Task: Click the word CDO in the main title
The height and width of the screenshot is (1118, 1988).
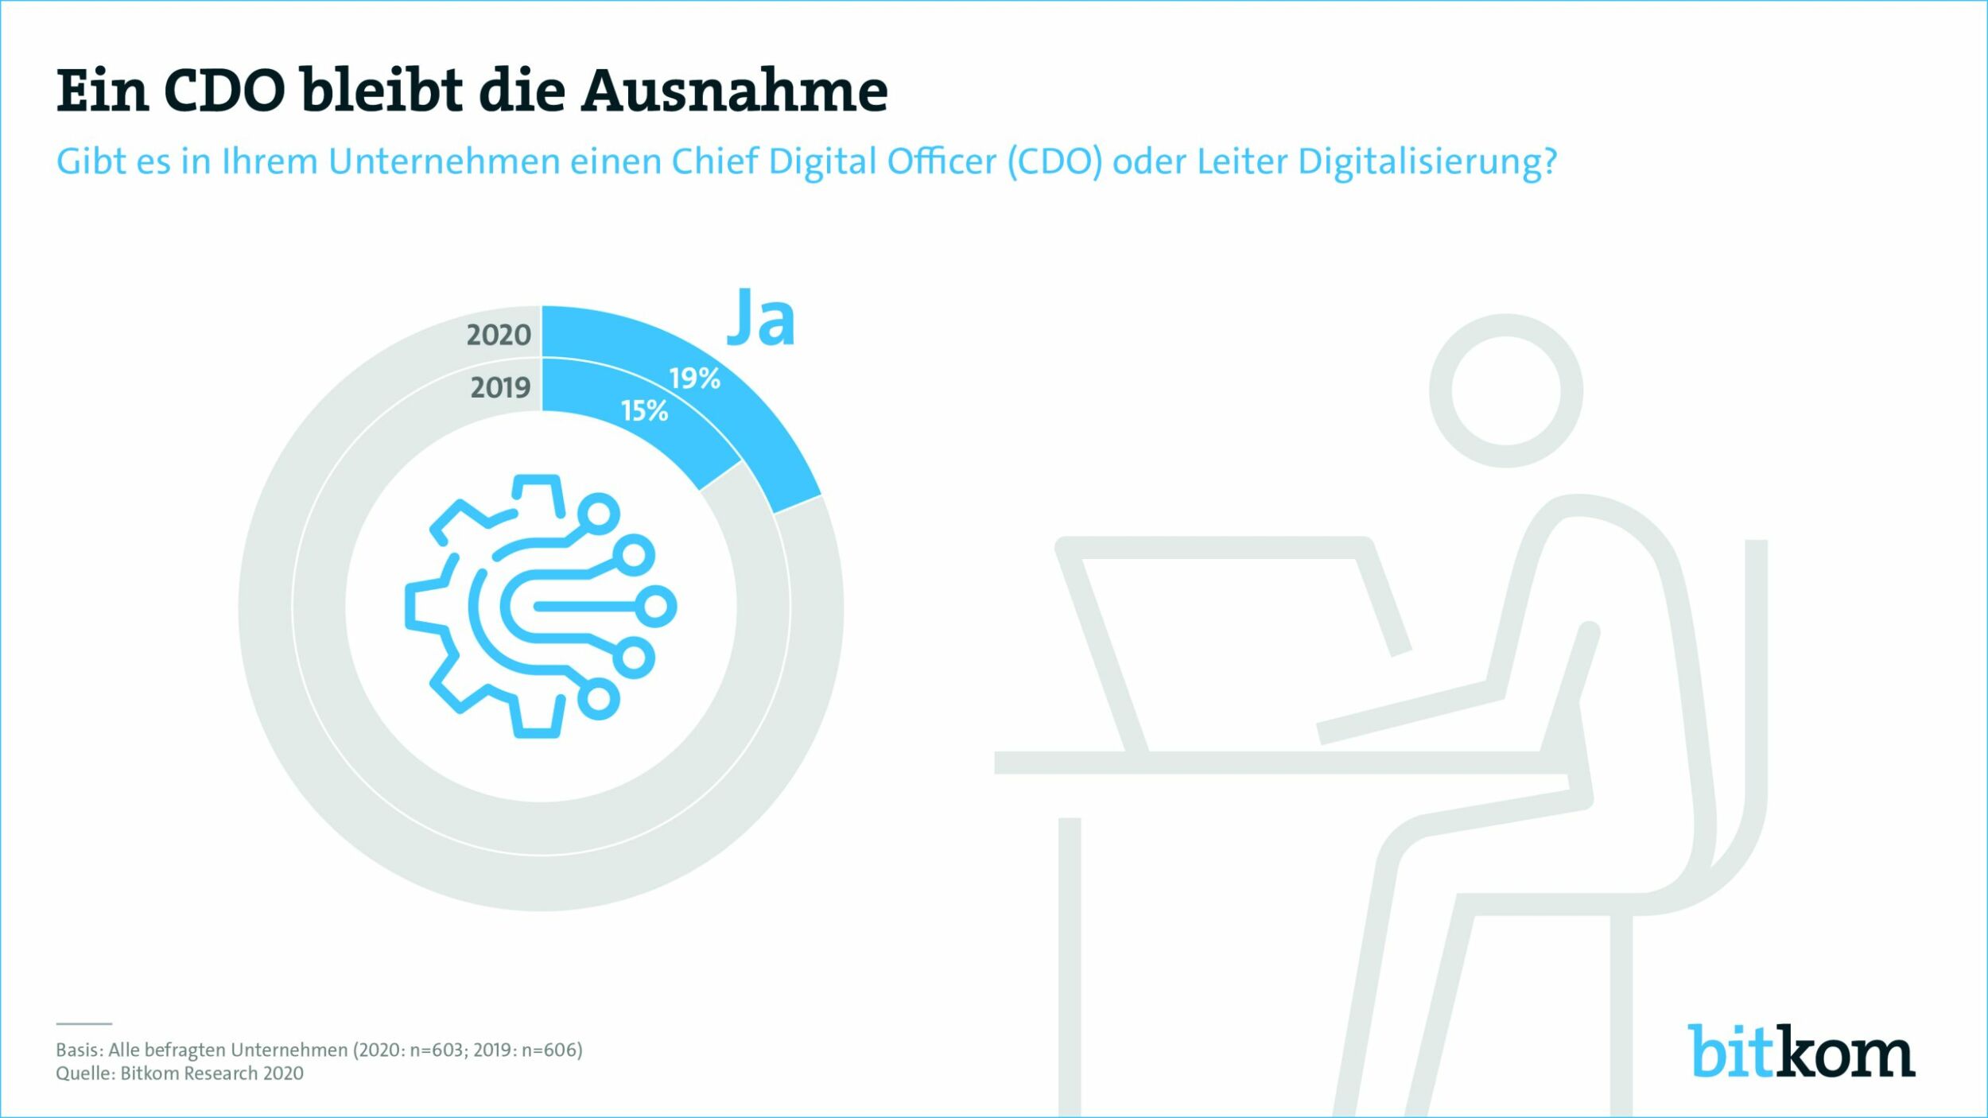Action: (x=224, y=91)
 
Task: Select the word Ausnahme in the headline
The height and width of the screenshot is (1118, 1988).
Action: (x=734, y=91)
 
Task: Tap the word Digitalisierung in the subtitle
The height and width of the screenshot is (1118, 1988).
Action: (x=1427, y=162)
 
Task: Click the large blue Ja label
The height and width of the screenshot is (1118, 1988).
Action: (x=760, y=317)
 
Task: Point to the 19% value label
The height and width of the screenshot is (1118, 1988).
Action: (x=694, y=378)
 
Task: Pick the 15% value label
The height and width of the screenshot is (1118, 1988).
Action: (x=644, y=411)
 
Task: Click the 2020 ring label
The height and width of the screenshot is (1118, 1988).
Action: (x=499, y=336)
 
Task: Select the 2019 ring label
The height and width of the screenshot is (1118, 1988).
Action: (x=500, y=388)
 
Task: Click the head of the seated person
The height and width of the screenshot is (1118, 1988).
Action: (x=1505, y=390)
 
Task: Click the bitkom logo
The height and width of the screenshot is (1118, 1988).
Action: (x=1801, y=1051)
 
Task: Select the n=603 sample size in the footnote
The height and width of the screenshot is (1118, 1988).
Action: (x=437, y=1050)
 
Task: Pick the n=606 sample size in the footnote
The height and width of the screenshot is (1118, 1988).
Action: (x=550, y=1050)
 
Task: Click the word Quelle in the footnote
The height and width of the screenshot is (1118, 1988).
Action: (x=85, y=1073)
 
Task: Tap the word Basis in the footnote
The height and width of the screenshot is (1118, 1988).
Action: (x=78, y=1050)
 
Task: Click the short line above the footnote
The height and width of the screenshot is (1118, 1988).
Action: (x=83, y=1023)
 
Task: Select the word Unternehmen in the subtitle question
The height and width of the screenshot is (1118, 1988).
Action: (x=445, y=162)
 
